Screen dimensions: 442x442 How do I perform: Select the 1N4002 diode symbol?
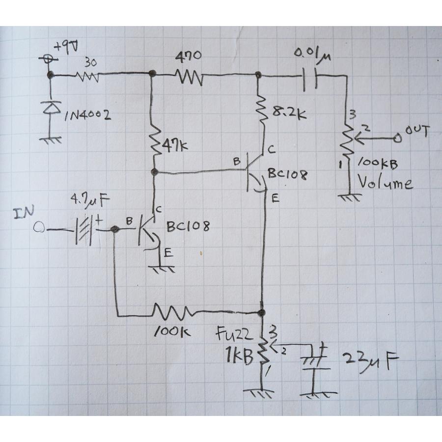coord(52,108)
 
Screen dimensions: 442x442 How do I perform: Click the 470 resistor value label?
coord(188,56)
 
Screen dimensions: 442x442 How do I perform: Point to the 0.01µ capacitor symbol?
coord(310,79)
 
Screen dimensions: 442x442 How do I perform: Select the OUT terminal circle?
coord(397,138)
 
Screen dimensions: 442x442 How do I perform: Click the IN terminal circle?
coord(39,227)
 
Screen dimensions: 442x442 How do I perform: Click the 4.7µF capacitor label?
coord(90,199)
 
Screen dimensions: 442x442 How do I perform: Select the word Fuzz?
coord(233,334)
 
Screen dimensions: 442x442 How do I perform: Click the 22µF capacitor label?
coord(370,361)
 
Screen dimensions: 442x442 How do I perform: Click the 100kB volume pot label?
coord(377,164)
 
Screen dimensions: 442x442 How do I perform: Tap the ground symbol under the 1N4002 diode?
coord(51,139)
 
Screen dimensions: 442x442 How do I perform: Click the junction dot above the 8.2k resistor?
coord(258,75)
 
